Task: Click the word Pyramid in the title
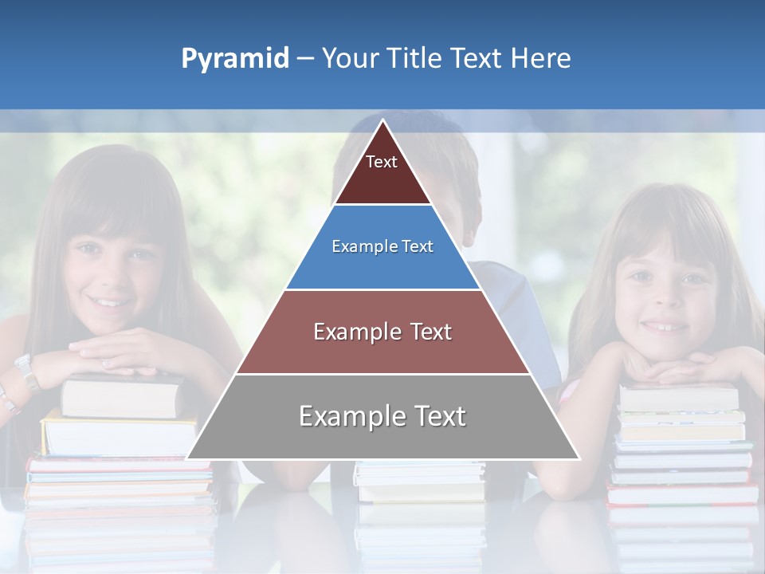click(x=234, y=59)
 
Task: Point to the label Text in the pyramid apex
click(x=382, y=162)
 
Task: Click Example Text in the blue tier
click(x=382, y=246)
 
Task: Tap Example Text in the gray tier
click(x=382, y=416)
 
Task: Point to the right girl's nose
click(x=667, y=300)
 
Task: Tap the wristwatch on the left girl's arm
click(x=27, y=370)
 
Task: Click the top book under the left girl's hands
click(x=120, y=395)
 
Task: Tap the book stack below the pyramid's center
click(x=419, y=482)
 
